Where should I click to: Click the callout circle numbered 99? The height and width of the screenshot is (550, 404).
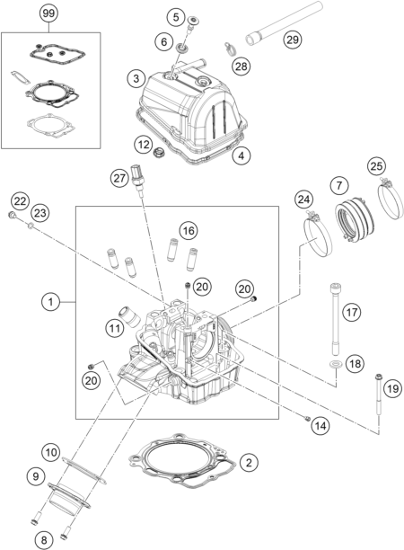click(x=48, y=13)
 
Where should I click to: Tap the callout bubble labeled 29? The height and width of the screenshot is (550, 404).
click(x=292, y=40)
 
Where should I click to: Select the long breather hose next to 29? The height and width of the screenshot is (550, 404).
click(x=284, y=23)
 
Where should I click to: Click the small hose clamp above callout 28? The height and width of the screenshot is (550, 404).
click(x=229, y=49)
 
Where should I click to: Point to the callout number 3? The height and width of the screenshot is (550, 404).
click(x=136, y=78)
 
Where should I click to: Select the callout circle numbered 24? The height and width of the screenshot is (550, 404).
click(x=303, y=200)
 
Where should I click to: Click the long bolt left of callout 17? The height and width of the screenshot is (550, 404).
click(x=335, y=320)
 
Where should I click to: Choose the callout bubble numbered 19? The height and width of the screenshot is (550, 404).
click(x=393, y=388)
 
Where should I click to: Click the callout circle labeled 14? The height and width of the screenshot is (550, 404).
click(x=321, y=426)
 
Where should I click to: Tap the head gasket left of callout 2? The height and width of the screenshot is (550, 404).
click(x=182, y=460)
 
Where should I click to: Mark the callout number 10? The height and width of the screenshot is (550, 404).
click(x=51, y=453)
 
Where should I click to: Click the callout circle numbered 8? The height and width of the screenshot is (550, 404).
click(x=44, y=539)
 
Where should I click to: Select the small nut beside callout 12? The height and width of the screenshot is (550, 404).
click(x=160, y=153)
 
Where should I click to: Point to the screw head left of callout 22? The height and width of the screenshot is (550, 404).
click(x=12, y=216)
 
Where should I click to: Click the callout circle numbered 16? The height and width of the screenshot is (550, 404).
click(x=189, y=230)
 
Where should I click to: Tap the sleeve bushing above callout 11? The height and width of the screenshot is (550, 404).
click(x=129, y=315)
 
